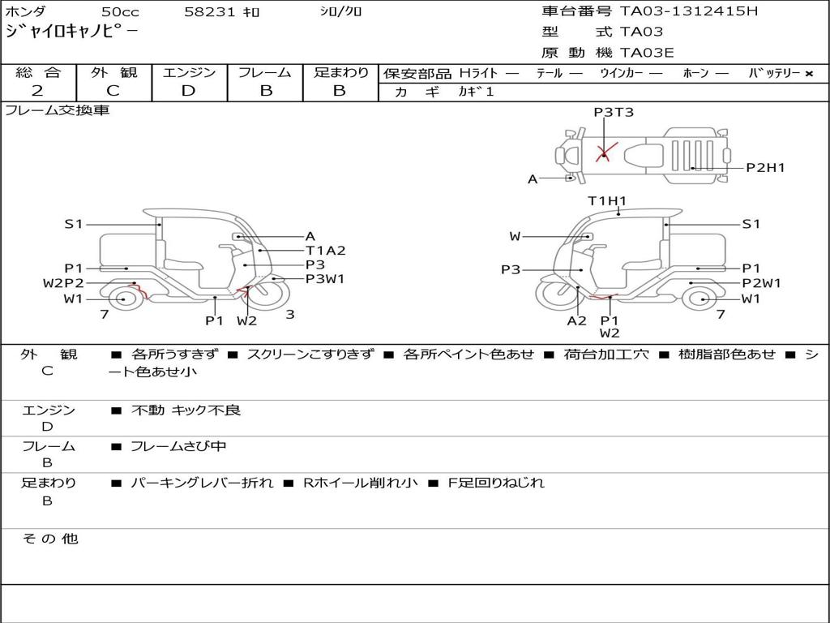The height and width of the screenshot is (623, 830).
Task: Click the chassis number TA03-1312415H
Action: [x=689, y=11]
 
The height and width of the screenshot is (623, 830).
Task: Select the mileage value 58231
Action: [x=210, y=11]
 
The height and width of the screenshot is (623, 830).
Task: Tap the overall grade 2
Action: [x=37, y=91]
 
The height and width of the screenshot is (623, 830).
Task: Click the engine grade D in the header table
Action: [x=188, y=91]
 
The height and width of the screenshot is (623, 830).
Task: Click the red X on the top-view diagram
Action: [x=605, y=152]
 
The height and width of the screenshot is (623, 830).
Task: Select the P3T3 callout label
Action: [x=614, y=112]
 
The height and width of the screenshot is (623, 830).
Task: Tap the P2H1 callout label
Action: [x=765, y=168]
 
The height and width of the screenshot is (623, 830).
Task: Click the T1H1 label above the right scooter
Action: [x=607, y=201]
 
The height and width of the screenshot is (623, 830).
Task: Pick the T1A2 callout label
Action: [x=326, y=251]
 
